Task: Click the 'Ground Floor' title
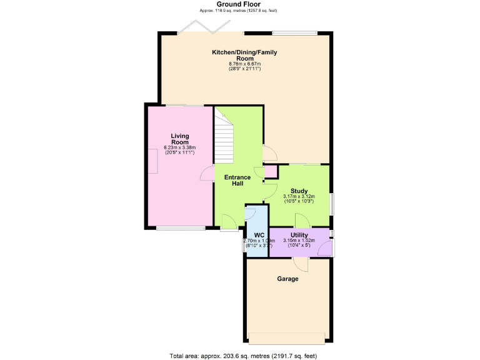coord(238,4)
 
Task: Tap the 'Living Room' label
coord(180,138)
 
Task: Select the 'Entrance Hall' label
coord(237,181)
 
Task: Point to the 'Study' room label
coord(299,191)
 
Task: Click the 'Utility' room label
coord(299,234)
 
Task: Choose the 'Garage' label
coord(287,279)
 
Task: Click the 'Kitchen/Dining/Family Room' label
coord(244,55)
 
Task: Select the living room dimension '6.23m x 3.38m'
coord(180,147)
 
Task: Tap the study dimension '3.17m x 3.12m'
coord(299,197)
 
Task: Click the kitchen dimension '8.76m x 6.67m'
coord(244,63)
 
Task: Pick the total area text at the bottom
coord(244,356)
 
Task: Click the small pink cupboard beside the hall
coord(271,172)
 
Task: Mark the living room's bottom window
coord(180,228)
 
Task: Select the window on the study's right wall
coord(331,204)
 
